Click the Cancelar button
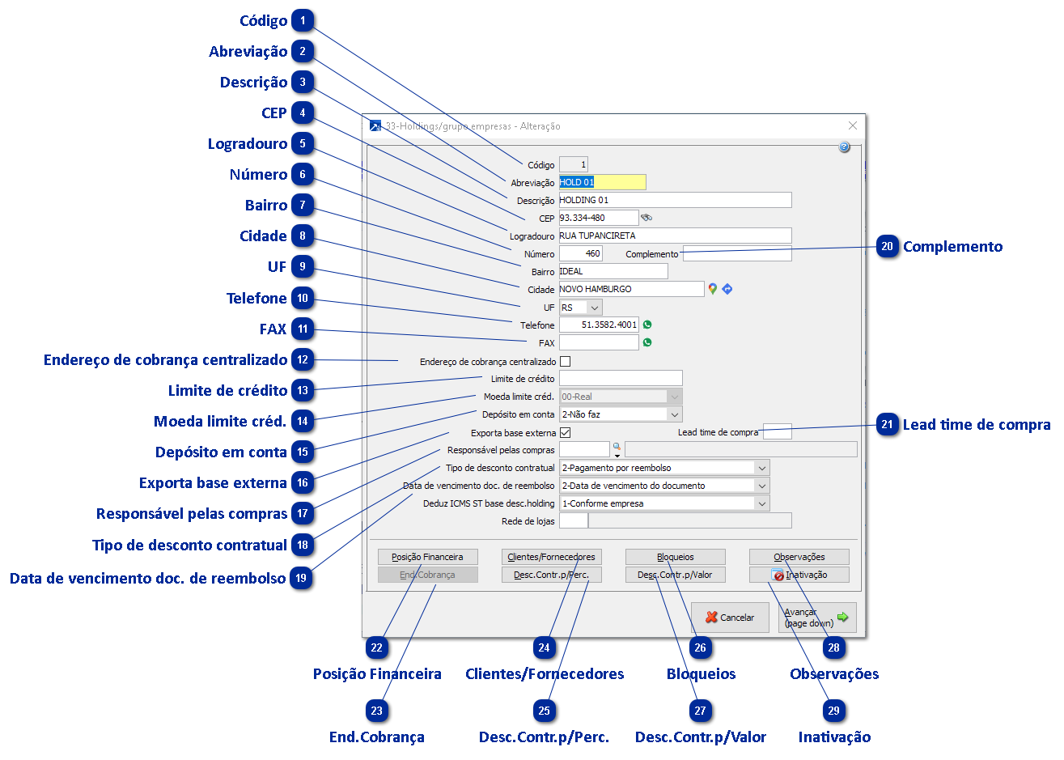730,618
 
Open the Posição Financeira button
427,557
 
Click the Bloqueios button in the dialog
675,557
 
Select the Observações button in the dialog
799,557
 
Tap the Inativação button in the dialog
799,575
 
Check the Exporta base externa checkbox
565,433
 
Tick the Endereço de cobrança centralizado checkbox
565,362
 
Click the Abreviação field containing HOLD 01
602,182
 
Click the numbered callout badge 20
887,247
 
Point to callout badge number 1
303,21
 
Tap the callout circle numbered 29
833,711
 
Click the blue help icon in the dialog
844,147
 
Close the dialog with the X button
852,125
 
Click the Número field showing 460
581,253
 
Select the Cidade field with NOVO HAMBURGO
631,289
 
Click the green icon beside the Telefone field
647,325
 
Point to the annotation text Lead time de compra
977,425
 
